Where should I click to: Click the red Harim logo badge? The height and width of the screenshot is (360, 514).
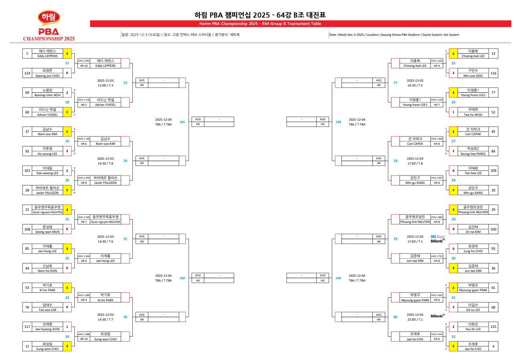[49, 18]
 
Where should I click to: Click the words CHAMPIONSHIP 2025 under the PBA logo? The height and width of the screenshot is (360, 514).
[49, 39]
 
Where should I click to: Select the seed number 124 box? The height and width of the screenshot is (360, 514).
[27, 73]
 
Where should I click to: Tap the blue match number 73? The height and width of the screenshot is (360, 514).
[125, 83]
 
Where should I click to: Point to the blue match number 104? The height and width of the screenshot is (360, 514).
[338, 278]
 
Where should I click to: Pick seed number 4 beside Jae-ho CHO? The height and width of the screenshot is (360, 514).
[493, 346]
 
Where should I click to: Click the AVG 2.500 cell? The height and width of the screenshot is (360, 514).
[84, 217]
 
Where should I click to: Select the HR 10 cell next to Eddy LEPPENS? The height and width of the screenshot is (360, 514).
[84, 66]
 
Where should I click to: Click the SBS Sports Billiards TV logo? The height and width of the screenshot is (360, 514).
[438, 239]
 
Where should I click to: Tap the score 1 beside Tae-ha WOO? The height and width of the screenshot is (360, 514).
[453, 112]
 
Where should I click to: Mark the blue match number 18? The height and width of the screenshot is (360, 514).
[67, 102]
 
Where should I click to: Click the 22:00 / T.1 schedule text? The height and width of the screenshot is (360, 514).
[415, 319]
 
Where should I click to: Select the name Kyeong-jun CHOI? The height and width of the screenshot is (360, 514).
[47, 76]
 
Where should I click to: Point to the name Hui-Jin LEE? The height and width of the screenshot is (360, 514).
[472, 329]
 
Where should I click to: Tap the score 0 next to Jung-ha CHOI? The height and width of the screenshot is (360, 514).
[453, 249]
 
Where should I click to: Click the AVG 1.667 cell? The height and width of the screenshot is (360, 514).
[436, 178]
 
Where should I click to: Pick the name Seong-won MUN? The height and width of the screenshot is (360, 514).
[47, 231]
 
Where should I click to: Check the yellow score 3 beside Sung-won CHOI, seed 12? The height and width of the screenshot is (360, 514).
[67, 346]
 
